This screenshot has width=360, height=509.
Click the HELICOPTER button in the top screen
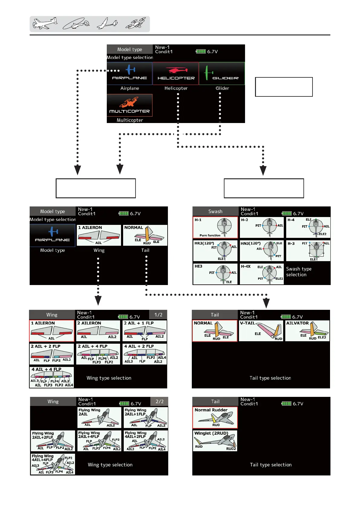[176, 73]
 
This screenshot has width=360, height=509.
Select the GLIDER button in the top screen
[222, 73]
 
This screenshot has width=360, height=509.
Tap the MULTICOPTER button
[129, 105]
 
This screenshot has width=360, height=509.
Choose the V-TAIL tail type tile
[261, 331]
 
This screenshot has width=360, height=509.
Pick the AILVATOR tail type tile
[307, 331]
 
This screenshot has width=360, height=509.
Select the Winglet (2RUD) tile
[215, 441]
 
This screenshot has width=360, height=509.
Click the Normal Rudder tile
[215, 417]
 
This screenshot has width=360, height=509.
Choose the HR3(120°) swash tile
[215, 251]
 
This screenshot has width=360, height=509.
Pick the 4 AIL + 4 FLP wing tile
[52, 377]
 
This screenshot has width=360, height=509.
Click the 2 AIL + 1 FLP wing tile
[145, 331]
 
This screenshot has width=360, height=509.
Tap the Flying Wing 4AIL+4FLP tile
[53, 464]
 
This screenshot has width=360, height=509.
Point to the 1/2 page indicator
[158, 315]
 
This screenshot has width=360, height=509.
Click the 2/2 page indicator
[159, 401]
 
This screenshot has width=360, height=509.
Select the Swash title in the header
[215, 211]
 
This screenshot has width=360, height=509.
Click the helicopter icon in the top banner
[76, 24]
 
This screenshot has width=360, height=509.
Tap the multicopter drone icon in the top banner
[136, 23]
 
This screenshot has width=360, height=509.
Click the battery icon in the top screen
[201, 51]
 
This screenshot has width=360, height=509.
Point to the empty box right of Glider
[284, 87]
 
